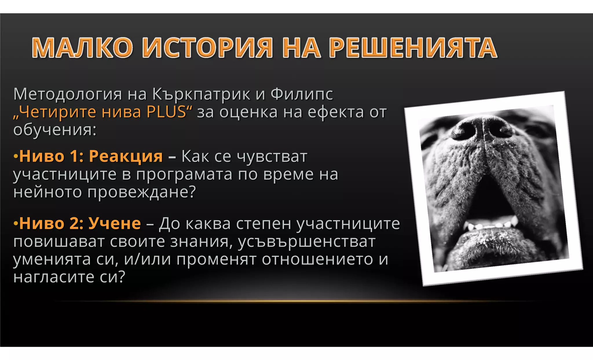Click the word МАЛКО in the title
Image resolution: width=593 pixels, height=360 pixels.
(x=82, y=48)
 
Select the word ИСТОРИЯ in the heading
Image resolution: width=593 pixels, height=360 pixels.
(x=207, y=48)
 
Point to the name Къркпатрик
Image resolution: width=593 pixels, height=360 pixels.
(x=201, y=94)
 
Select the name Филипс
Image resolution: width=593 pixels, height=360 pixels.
(x=302, y=94)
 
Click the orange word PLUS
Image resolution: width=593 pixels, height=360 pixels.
(x=166, y=112)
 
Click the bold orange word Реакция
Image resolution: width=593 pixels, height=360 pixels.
(x=126, y=156)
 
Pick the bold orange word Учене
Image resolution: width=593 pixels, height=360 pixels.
(x=115, y=224)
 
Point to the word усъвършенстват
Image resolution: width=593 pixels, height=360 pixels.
(x=307, y=242)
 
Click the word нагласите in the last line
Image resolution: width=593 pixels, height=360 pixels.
(x=54, y=277)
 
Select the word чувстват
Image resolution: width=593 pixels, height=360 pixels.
(x=272, y=157)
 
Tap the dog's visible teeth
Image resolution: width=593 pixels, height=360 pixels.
(x=492, y=224)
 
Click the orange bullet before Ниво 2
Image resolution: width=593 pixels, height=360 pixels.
(x=16, y=224)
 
